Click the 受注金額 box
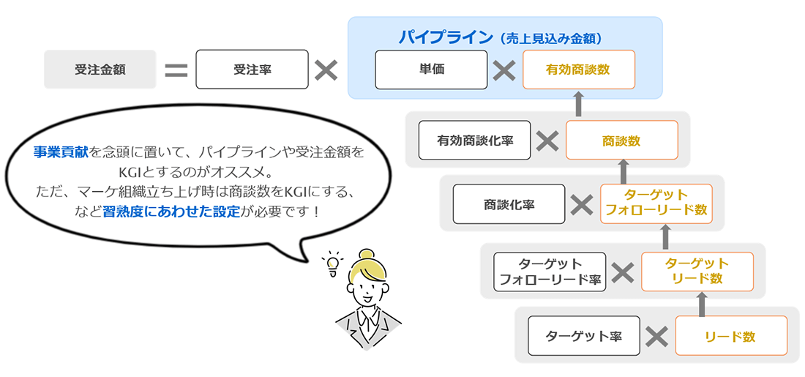[100, 70]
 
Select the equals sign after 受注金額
[176, 70]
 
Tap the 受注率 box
[252, 70]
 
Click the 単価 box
[431, 70]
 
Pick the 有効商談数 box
[578, 70]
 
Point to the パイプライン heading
[446, 37]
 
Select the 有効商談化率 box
[474, 140]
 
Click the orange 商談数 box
[621, 141]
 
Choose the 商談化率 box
[509, 204]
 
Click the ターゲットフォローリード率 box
[550, 272]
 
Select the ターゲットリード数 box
[697, 271]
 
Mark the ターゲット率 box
[584, 336]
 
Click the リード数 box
[730, 336]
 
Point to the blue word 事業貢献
[61, 152]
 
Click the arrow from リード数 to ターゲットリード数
[702, 304]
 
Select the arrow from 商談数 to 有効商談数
[578, 104]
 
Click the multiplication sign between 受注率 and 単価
[326, 70]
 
